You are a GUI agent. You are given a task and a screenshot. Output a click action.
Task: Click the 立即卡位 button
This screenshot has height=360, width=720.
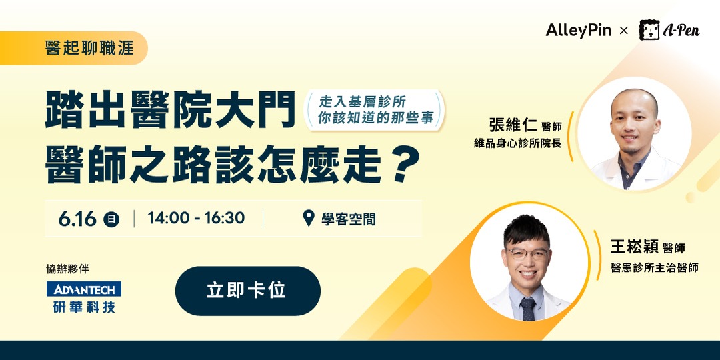247,291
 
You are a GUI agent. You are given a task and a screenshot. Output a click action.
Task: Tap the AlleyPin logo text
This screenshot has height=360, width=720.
578,31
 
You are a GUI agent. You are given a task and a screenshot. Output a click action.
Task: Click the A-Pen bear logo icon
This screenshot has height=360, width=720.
649,30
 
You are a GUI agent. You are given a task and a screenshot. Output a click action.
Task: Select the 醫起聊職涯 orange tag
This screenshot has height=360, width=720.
89,49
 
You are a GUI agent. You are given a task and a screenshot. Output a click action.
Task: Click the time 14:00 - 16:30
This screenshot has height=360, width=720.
196,219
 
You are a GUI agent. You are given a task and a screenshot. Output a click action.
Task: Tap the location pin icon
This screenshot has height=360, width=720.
308,218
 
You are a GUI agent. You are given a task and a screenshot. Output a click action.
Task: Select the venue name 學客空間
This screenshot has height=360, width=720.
348,219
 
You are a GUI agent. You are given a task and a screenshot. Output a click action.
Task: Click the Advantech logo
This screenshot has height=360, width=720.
84,289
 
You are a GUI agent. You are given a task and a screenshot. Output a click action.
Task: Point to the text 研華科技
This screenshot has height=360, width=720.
84,306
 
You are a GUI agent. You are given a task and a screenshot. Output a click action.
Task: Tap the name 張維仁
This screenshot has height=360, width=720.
513,125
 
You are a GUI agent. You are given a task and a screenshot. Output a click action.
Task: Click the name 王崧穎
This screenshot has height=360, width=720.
634,247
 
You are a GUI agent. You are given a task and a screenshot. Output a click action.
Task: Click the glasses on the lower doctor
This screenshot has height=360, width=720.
527,255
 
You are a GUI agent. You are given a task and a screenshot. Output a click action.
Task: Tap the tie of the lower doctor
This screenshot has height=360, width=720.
528,309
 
